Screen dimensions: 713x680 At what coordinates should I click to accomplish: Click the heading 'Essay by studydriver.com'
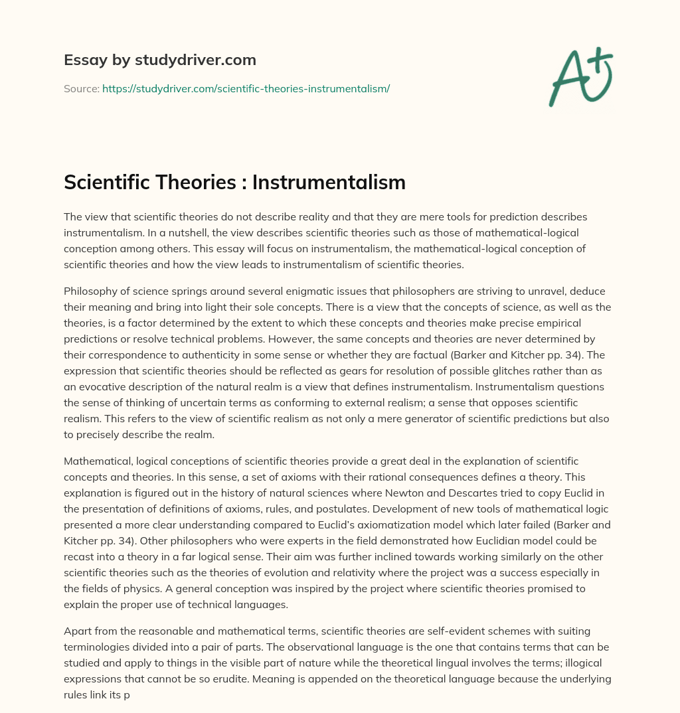tap(160, 60)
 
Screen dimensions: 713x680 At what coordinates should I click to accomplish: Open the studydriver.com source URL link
tap(246, 88)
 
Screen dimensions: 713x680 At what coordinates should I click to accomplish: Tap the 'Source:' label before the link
tap(81, 88)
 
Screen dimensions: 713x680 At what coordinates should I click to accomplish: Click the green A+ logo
tap(580, 77)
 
